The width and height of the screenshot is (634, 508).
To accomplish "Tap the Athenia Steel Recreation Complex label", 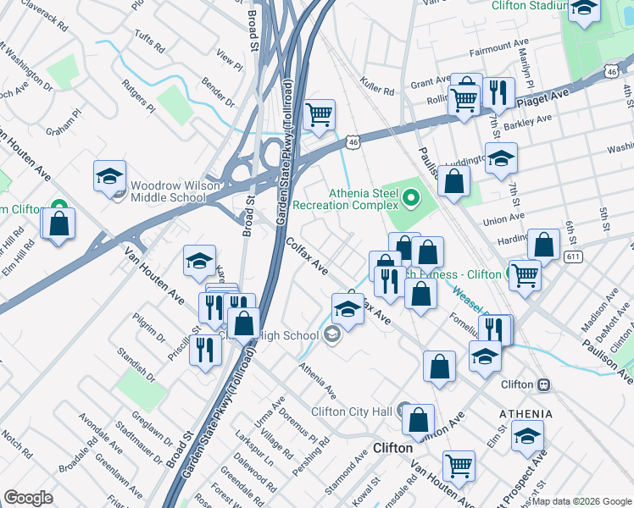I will pyautogui.click(x=345, y=199).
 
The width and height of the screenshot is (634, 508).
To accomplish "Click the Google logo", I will pyautogui.click(x=28, y=498).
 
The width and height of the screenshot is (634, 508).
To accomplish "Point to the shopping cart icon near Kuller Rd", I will pyautogui.click(x=319, y=115).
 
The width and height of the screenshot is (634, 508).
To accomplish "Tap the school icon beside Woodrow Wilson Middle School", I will pyautogui.click(x=109, y=177).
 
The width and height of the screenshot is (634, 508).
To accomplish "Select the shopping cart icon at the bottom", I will pyautogui.click(x=459, y=465).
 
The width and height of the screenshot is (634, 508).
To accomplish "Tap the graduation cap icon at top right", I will pyautogui.click(x=584, y=10).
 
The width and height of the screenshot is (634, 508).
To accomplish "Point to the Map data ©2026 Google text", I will pyautogui.click(x=581, y=501).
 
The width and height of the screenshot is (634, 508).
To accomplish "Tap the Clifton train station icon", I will pyautogui.click(x=543, y=384).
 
